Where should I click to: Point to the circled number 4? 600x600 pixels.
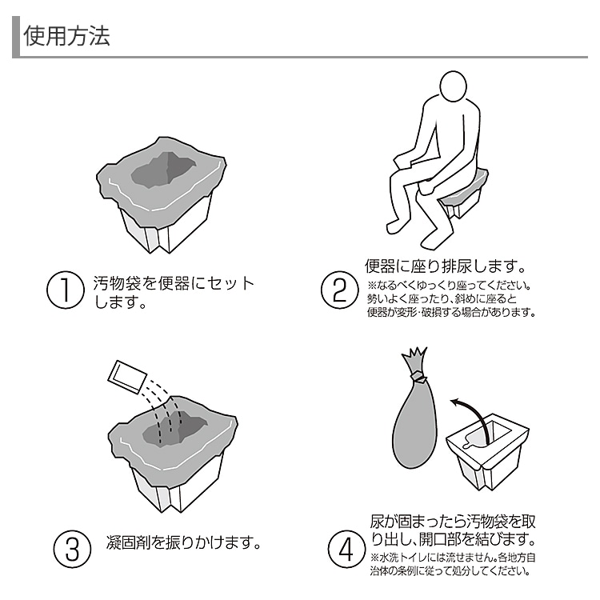pos(345,550)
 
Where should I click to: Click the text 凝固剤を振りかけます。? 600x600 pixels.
pos(185,543)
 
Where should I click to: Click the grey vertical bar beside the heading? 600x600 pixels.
pos(15,38)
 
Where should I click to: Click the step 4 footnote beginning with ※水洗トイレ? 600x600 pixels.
pos(451,564)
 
